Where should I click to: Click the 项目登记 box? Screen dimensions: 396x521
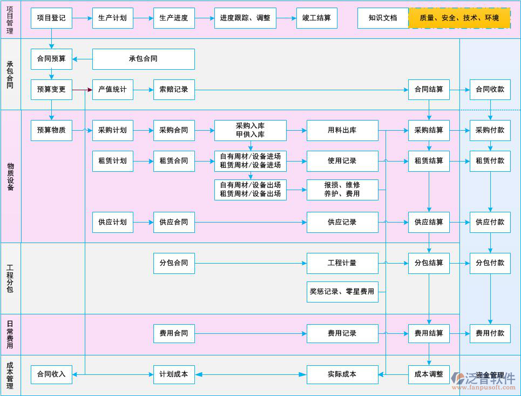[51, 18]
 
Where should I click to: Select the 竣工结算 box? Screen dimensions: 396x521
[317, 18]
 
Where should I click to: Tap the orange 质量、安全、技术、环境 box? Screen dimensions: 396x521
[459, 18]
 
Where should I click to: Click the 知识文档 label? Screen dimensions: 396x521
[383, 18]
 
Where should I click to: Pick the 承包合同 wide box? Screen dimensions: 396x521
[143, 59]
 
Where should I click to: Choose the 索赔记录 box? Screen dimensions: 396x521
[174, 90]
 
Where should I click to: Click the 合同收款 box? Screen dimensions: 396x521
[490, 90]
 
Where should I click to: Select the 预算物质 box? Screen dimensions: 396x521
[51, 130]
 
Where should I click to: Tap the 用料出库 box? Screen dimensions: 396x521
[342, 130]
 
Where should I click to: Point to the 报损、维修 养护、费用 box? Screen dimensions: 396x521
[342, 190]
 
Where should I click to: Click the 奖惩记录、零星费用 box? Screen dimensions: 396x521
[342, 292]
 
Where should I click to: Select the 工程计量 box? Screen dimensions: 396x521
[342, 263]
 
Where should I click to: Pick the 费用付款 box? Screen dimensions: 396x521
[490, 333]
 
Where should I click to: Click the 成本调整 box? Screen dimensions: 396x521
[429, 374]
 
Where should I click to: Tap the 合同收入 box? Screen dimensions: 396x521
[51, 374]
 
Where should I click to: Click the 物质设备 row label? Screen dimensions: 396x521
[10, 176]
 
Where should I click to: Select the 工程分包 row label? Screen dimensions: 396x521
[10, 278]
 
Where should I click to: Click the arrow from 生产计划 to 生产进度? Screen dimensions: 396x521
[143, 18]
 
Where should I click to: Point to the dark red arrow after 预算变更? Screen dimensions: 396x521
[82, 90]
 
